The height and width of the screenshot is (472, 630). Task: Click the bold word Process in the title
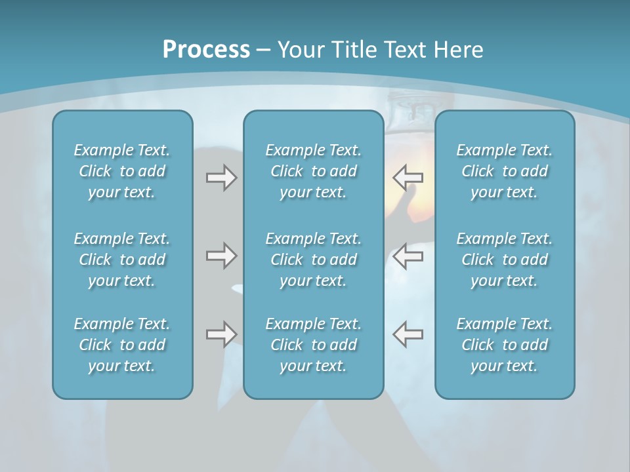(206, 50)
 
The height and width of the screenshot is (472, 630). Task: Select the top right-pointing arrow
(221, 178)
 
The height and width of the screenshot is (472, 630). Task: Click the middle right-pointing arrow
(221, 256)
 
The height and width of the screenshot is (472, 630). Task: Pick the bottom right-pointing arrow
(221, 334)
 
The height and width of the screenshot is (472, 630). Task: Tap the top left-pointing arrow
(408, 177)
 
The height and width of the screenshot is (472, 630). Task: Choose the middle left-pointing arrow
(408, 256)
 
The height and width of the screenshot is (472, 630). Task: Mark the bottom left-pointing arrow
(408, 334)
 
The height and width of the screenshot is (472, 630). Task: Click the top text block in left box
(122, 171)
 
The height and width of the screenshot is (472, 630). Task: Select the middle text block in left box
(122, 260)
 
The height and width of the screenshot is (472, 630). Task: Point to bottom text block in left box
(122, 345)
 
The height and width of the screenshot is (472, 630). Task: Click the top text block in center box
(314, 171)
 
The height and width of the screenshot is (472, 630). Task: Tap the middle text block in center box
(314, 260)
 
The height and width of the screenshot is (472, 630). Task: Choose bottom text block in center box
(314, 345)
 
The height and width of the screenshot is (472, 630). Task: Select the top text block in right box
(505, 171)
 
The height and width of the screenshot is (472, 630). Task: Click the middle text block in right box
(505, 260)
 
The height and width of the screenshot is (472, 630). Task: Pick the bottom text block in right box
(505, 345)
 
